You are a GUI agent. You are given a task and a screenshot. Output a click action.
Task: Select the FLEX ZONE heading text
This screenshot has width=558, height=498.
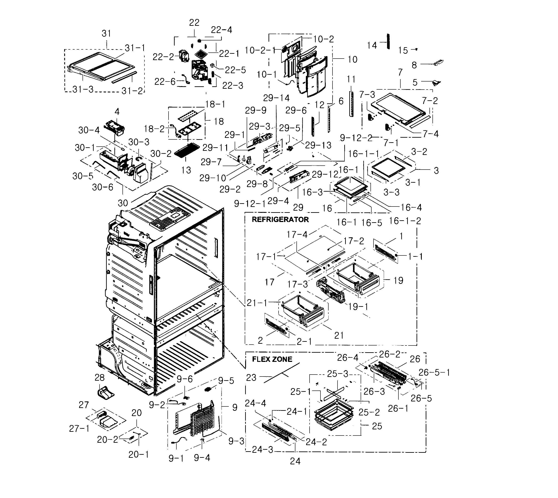tap(272, 359)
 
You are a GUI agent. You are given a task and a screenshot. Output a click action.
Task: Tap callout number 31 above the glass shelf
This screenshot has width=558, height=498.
tap(106, 34)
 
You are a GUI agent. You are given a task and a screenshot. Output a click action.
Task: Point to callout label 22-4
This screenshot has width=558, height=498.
tap(221, 30)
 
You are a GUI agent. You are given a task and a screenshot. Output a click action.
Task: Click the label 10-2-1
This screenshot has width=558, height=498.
tap(260, 50)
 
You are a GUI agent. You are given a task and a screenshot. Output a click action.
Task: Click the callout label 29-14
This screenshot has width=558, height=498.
tap(276, 98)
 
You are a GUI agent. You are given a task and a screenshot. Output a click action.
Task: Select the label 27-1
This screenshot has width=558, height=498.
tap(79, 429)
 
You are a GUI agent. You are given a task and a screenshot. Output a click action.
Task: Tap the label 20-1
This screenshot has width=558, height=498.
tap(139, 455)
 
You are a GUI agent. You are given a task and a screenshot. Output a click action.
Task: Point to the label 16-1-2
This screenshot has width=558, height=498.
tap(405, 221)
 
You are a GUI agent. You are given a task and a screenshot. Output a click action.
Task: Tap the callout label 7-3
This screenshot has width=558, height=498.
tap(367, 95)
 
